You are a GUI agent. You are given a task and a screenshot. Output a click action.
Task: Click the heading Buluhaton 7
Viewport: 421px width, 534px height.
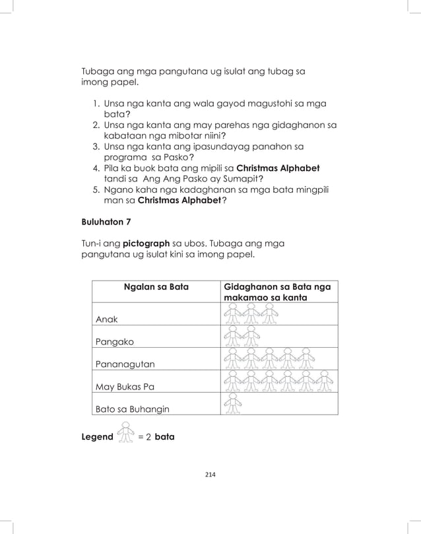pos(106,222)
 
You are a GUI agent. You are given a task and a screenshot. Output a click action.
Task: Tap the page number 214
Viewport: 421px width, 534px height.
pos(210,474)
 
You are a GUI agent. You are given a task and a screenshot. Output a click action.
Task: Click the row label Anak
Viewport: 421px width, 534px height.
pos(107,319)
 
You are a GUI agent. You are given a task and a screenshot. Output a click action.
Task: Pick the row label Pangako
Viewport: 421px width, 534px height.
pos(114,342)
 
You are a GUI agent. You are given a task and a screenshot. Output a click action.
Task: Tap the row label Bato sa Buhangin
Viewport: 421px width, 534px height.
pos(132,409)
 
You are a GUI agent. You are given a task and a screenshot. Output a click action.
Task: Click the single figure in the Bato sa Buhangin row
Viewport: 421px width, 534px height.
pos(232,403)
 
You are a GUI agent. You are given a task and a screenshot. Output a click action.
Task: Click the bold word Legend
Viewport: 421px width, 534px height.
pos(96,437)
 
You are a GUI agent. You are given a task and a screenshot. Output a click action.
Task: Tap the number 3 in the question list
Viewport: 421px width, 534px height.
pos(96,146)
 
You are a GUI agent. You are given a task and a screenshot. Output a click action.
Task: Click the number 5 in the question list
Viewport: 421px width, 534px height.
pos(96,189)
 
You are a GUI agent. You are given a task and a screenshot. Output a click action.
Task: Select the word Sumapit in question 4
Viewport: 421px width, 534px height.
pos(241,179)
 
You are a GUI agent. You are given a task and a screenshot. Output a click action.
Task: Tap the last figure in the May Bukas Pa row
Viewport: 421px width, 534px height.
pos(322,381)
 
